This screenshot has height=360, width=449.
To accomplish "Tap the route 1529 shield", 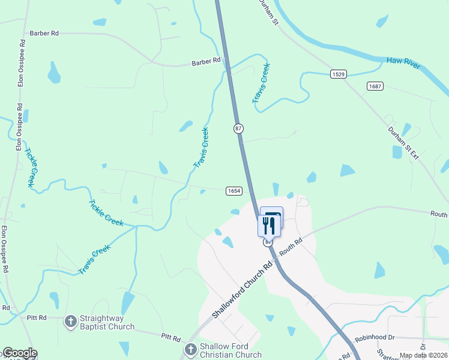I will (x=338, y=74).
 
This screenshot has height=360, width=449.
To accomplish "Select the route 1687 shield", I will (x=375, y=86).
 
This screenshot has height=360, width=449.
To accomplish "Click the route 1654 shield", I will (x=234, y=191).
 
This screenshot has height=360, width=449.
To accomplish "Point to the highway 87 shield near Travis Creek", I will (x=238, y=128).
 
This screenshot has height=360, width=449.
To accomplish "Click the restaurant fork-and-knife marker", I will (x=268, y=226).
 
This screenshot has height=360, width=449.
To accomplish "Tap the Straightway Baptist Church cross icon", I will (x=71, y=322).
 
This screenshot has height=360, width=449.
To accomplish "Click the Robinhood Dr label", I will (x=374, y=338).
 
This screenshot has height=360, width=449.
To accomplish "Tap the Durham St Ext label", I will (x=402, y=143).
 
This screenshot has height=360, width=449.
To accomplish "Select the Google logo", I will (x=19, y=353).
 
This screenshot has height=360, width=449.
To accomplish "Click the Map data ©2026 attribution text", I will (x=424, y=355).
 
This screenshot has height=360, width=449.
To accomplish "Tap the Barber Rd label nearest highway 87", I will (x=206, y=61).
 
